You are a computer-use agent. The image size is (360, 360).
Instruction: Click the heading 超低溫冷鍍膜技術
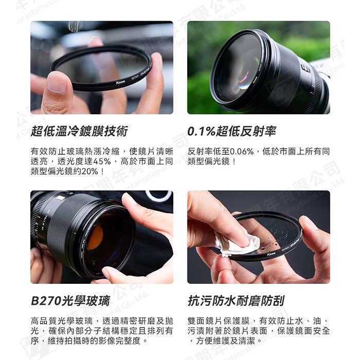79,131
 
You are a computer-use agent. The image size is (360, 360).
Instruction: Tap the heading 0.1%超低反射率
232,131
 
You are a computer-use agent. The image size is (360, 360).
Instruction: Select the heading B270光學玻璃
70,300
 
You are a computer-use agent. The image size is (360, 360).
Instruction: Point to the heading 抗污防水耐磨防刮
236,300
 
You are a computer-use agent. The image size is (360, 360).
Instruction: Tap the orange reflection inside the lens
95,237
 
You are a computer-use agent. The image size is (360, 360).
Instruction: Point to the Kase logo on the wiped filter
271,254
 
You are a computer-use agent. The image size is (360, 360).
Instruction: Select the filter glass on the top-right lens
238,67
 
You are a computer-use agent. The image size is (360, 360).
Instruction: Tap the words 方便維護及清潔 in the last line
226,340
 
